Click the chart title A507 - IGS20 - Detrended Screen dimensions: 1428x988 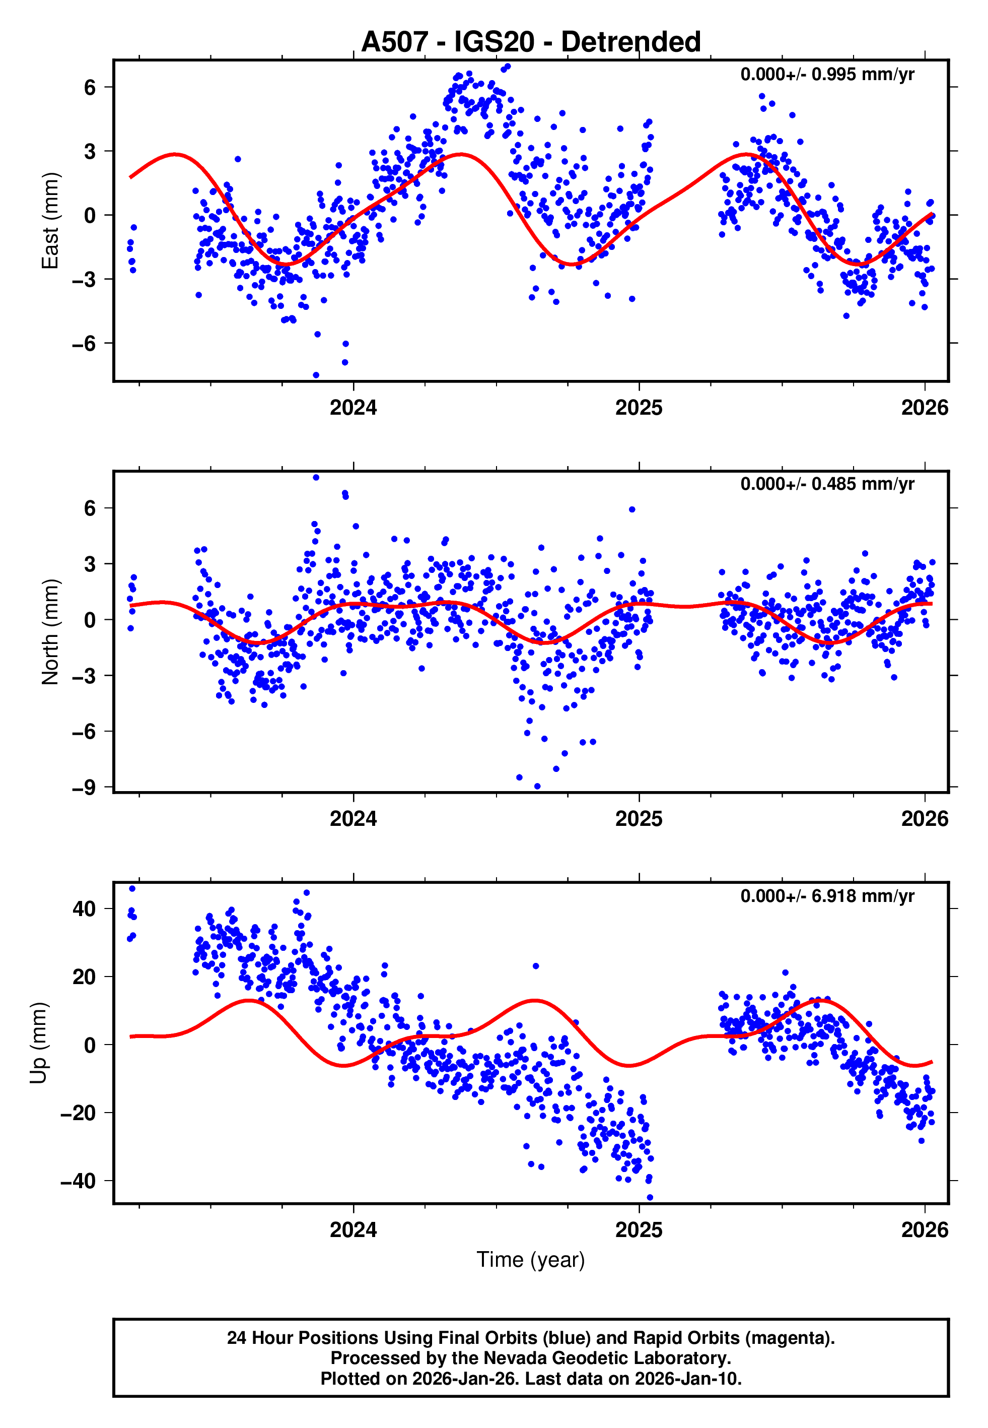coord(531,42)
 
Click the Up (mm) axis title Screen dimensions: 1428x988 coord(38,1043)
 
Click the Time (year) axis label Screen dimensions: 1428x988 coord(531,1260)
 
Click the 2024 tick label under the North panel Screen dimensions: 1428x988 coord(353,819)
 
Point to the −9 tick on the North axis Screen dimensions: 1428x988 coord(84,788)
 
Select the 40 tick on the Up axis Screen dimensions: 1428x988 coord(84,909)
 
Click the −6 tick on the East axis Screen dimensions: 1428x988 coord(84,344)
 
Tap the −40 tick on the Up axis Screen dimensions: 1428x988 coord(78,1181)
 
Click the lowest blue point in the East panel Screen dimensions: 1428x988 coord(316,375)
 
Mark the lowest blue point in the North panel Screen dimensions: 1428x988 coord(537,787)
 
